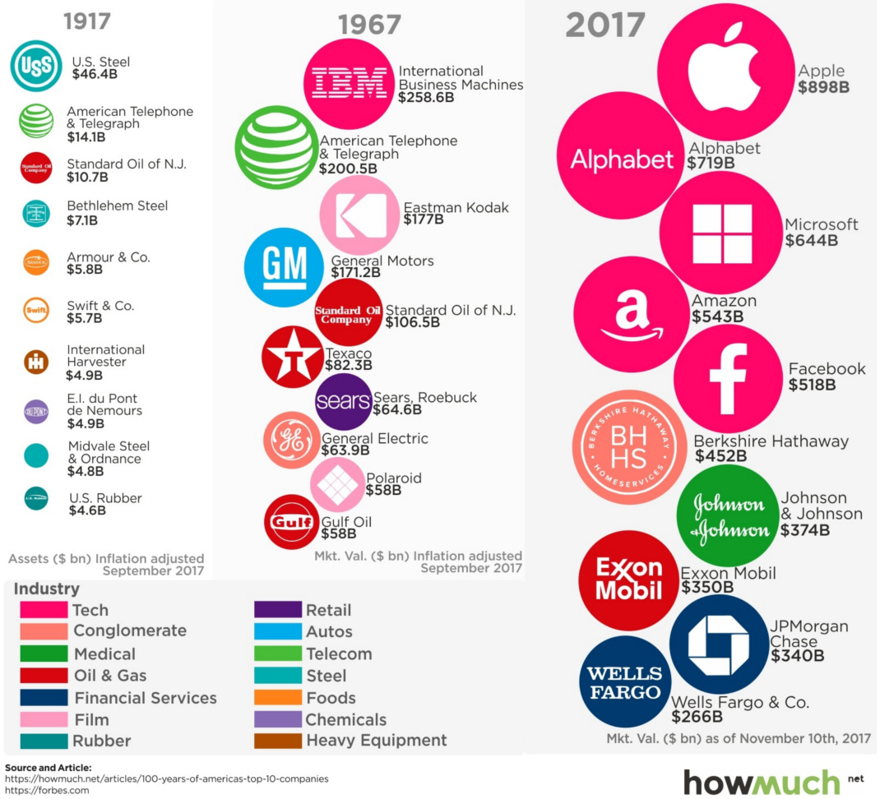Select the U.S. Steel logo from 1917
click(x=35, y=66)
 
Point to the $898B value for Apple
click(x=823, y=87)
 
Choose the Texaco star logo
click(x=292, y=357)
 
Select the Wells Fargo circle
click(x=625, y=681)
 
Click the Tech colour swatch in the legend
click(x=44, y=610)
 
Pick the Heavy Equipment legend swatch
click(x=277, y=741)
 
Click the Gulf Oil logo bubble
click(x=291, y=521)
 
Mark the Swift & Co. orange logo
click(x=36, y=311)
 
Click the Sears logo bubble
click(x=343, y=401)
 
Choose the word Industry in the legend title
click(x=47, y=589)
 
